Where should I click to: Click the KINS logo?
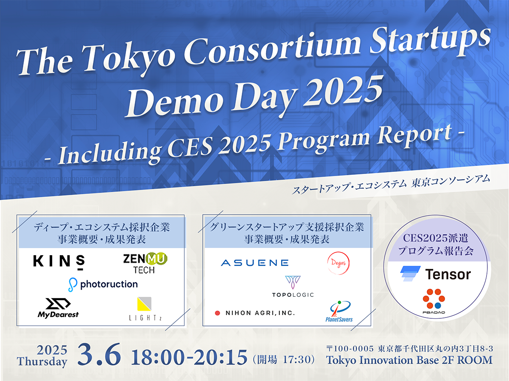(59, 261)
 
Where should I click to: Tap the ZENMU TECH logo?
(145, 263)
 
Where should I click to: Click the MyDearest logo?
(58, 308)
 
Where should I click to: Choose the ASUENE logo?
(255, 263)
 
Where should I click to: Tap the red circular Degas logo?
(338, 262)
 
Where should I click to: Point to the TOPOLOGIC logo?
(293, 287)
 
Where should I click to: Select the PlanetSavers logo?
(339, 311)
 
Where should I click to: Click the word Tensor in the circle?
(448, 274)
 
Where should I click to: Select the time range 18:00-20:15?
(189, 358)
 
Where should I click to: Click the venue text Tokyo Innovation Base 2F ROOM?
(409, 360)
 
